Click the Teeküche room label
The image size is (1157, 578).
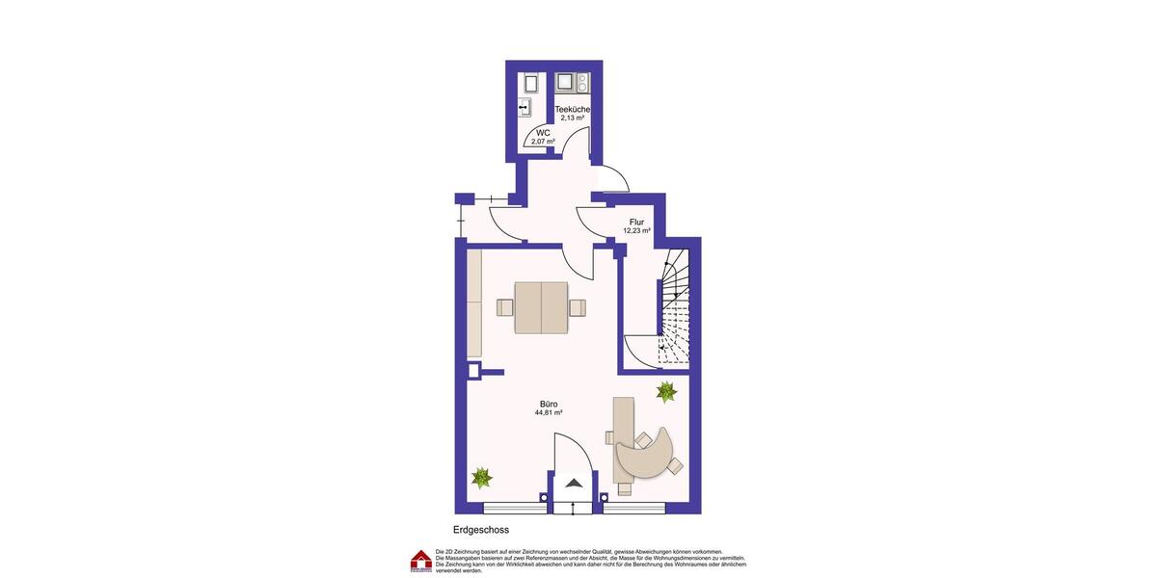(573, 110)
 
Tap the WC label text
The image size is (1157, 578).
(543, 133)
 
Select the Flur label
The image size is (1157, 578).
(636, 223)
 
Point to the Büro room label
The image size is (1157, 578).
(549, 404)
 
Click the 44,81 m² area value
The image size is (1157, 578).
(549, 412)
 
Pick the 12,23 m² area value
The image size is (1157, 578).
(636, 231)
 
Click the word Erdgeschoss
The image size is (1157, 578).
(481, 530)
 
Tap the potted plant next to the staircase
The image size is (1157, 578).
(666, 391)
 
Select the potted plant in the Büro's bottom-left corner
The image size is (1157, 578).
(482, 477)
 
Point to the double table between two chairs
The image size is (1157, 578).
(541, 307)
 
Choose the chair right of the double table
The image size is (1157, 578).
(578, 307)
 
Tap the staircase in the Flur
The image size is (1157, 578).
(676, 308)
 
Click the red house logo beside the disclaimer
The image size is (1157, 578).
(421, 562)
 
